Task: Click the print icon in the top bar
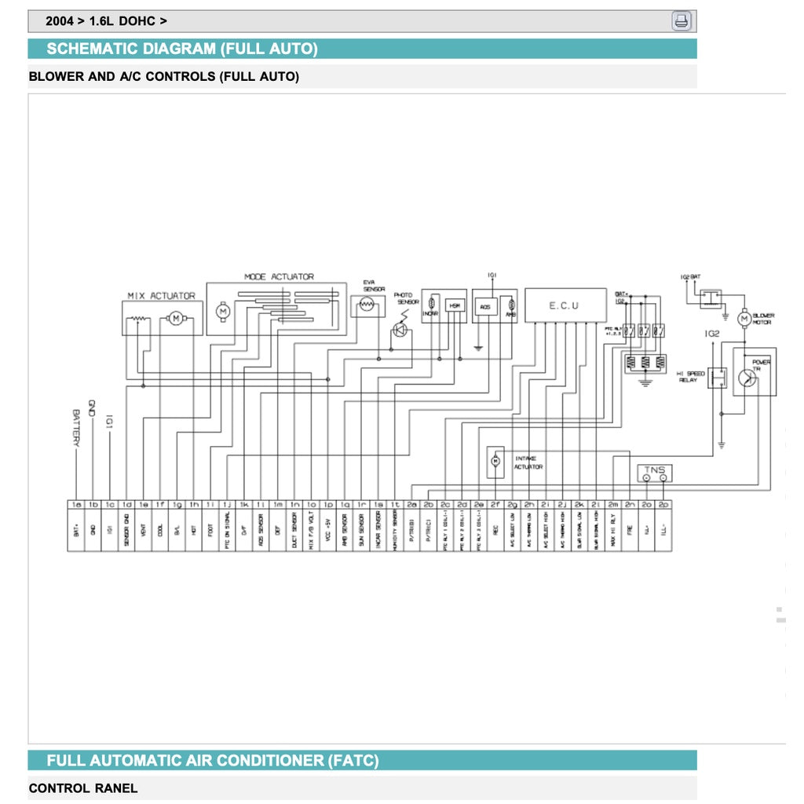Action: pos(682,21)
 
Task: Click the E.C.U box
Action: pos(565,305)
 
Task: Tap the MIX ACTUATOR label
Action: pos(161,296)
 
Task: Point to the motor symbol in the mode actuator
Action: pos(222,312)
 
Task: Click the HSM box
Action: pos(454,305)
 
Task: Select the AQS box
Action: pos(484,306)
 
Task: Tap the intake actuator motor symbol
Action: pos(495,462)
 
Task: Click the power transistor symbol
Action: pos(747,378)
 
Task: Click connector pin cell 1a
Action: pos(76,504)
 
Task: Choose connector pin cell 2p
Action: pos(663,504)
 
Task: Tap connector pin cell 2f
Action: pos(495,504)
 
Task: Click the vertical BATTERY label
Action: pos(77,427)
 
